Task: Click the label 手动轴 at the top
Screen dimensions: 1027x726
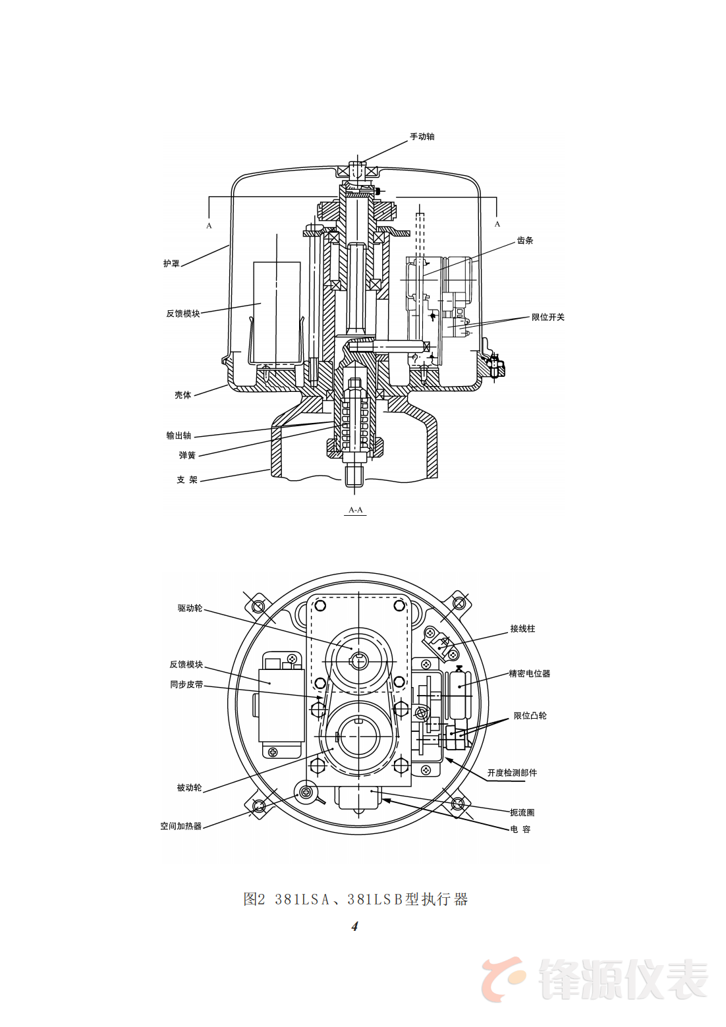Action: coord(422,137)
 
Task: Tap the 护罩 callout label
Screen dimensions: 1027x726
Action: coord(171,264)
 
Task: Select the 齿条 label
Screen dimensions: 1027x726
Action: coord(525,240)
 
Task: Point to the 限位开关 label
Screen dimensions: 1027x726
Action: coord(547,317)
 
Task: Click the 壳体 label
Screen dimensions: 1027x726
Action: coord(182,395)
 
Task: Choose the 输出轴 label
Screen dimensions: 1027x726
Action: coord(179,435)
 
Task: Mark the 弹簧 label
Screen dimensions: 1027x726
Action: coord(187,455)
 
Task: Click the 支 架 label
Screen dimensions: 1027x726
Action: coord(187,480)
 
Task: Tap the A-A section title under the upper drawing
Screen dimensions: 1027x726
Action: coord(356,510)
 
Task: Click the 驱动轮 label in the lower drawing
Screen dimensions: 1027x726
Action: coord(190,608)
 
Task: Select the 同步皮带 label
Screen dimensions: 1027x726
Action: coord(186,684)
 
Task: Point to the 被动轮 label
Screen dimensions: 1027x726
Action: coord(189,787)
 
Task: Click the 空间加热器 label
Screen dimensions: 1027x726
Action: coord(181,826)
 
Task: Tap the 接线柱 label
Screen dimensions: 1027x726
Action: coord(522,629)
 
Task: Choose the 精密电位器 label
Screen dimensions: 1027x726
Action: coord(529,673)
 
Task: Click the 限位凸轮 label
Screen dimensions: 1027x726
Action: coord(530,715)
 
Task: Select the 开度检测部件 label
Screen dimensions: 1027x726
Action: coord(512,773)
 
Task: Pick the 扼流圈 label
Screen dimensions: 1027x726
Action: coord(522,812)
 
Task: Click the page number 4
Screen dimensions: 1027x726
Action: coord(355,926)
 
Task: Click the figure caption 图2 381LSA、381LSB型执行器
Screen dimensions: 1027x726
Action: coord(356,899)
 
